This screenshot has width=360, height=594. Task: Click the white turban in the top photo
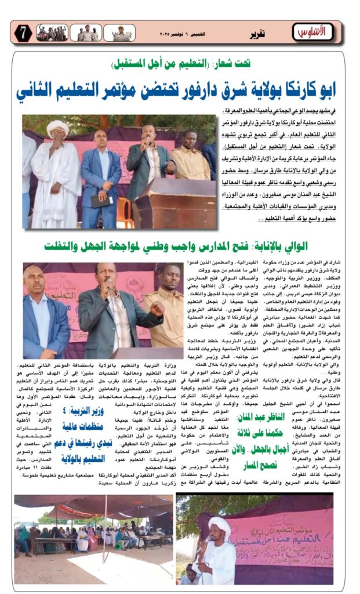tap(57, 126)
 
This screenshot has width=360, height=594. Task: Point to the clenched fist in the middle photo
tap(158, 309)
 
